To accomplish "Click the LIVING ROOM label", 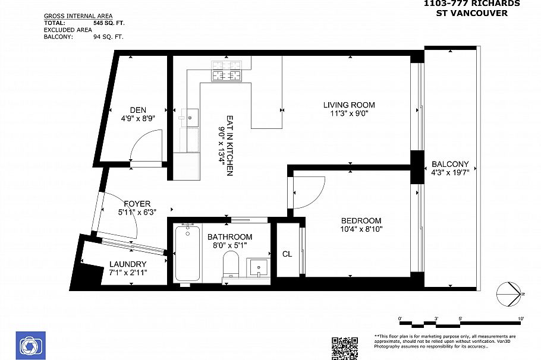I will pos(349,105).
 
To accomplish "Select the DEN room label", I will pos(139,110).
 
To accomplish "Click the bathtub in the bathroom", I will pos(188,254).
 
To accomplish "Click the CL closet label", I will pos(287,254).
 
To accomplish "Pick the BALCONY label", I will pos(450,165).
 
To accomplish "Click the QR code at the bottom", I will pos(344,348).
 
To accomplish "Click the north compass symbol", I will pos(511,293).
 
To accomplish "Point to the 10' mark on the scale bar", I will pos(521,320).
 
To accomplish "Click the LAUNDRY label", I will pos(128,264).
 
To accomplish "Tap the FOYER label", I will pos(137,203).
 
